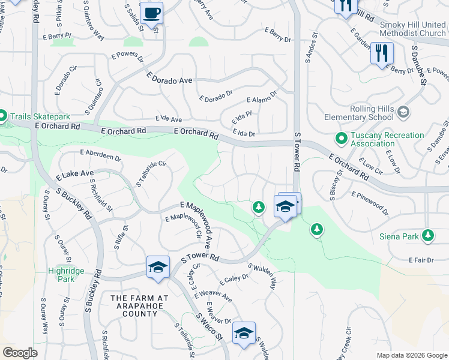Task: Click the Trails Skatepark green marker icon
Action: [x=2, y=116]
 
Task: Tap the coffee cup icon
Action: [x=151, y=13]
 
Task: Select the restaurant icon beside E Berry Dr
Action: [x=382, y=53]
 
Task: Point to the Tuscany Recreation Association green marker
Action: [x=342, y=139]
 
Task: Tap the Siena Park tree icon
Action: [x=428, y=236]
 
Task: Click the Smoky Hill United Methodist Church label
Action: [x=413, y=28]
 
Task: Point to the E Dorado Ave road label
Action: [x=169, y=79]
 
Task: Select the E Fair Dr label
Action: [x=420, y=260]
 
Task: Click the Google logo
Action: [x=20, y=353]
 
